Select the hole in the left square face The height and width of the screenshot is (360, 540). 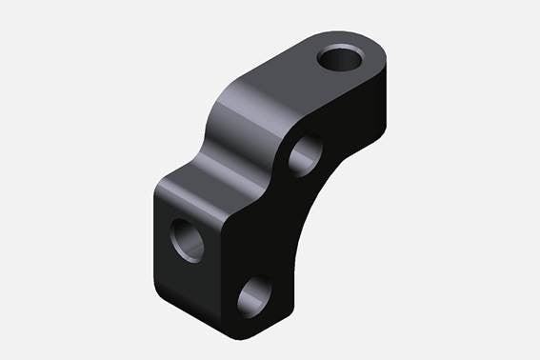tap(186, 239)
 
